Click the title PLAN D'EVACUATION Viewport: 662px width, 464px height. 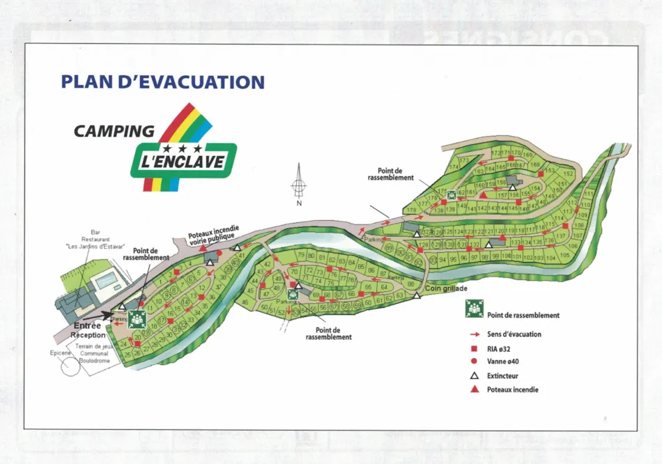point(163,82)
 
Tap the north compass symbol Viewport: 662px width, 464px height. point(299,185)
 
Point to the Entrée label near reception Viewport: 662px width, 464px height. point(88,325)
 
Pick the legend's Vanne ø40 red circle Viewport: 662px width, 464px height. point(474,361)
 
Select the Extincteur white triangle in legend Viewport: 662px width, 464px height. point(474,375)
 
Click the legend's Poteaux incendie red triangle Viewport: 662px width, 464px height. point(474,389)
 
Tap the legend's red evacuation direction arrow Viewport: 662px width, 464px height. point(474,334)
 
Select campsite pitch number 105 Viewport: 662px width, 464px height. point(564,256)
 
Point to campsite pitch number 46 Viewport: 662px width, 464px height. point(245,302)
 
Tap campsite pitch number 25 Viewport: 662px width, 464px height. point(128,354)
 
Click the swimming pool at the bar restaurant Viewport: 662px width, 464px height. point(107,281)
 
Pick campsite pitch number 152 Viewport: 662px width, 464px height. point(568,173)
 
